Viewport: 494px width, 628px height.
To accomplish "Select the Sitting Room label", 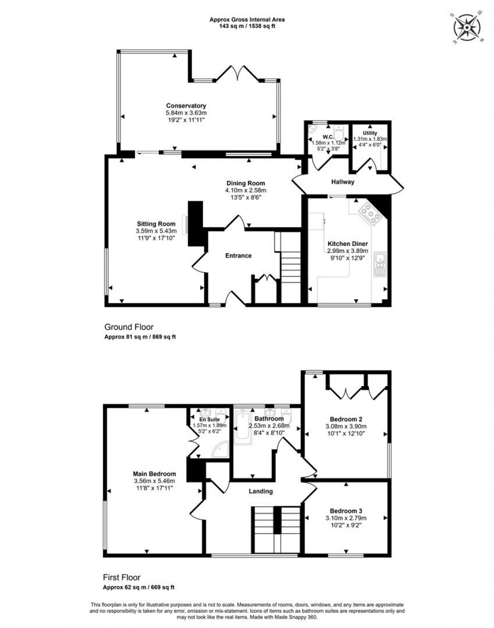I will [156, 224].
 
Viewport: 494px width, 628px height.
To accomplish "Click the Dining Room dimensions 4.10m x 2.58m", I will [245, 191].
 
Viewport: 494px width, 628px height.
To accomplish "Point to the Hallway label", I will [342, 182].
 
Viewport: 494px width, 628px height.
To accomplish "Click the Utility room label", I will [370, 133].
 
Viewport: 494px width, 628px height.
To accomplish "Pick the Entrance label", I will [238, 256].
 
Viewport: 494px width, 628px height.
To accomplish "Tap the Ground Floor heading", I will [129, 327].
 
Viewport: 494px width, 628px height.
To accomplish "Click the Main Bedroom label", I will [154, 474].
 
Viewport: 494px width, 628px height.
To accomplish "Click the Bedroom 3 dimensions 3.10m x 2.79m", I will [346, 518].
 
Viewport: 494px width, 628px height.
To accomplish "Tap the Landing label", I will [261, 491].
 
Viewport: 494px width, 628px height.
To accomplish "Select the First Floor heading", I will [122, 578].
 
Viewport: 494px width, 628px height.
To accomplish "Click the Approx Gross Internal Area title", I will [247, 20].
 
